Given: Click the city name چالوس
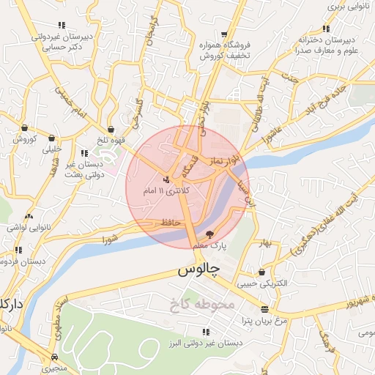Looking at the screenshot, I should [198, 270].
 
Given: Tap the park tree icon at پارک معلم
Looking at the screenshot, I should [211, 235].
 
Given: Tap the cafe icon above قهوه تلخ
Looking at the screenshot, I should [111, 129].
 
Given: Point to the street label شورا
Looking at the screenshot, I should [111, 238].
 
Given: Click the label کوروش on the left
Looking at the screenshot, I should [23, 138].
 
